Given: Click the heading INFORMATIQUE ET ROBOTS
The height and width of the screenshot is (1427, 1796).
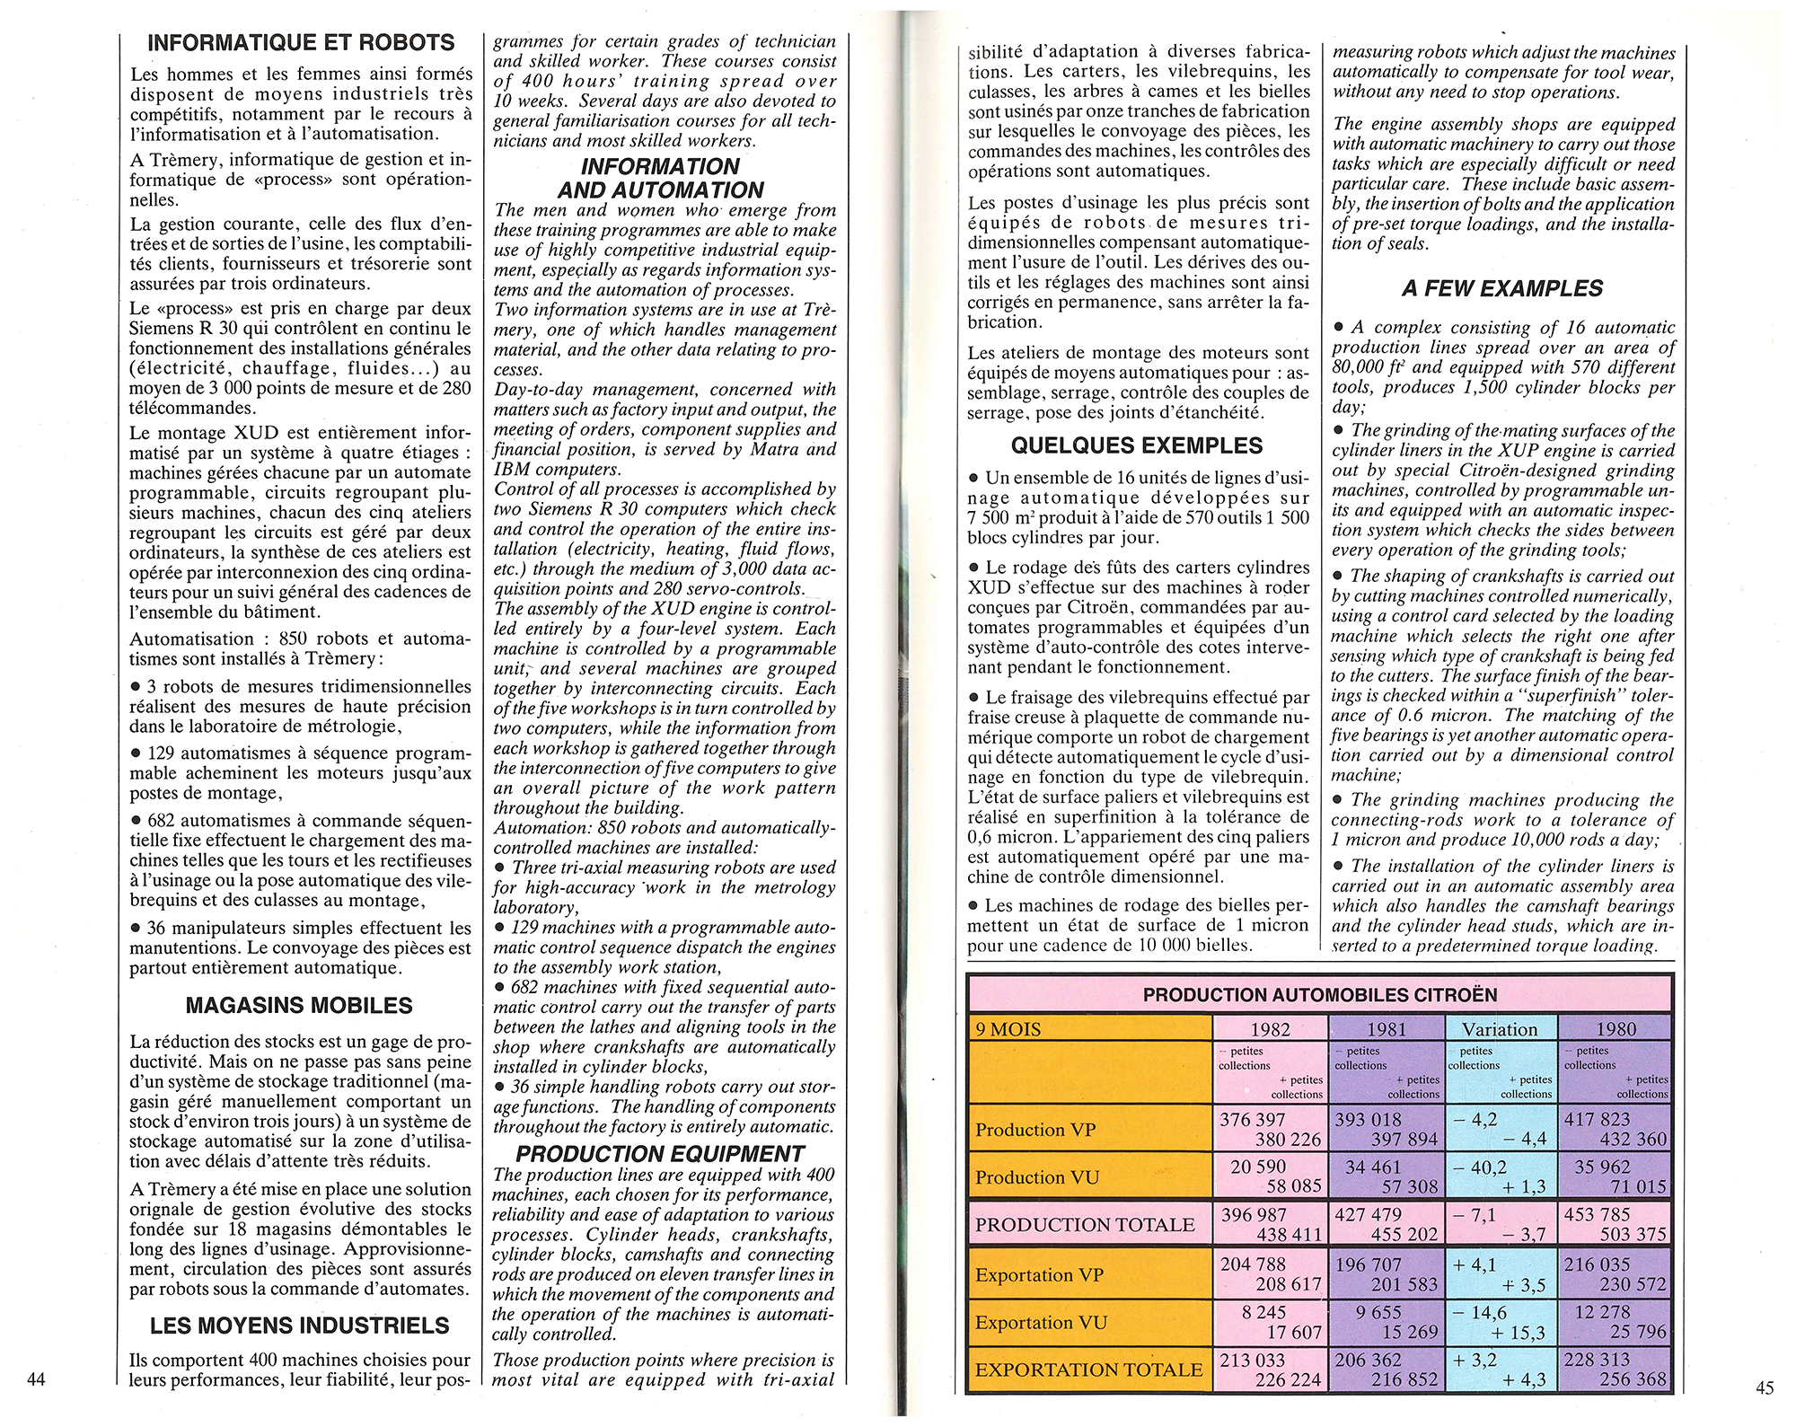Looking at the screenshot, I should point(301,43).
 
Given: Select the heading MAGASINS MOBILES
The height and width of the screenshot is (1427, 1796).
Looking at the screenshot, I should point(299,1006).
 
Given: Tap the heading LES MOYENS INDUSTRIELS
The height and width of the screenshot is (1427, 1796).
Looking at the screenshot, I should point(299,1326).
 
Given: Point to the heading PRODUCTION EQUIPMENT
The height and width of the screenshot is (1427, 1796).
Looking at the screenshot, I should point(660,1154).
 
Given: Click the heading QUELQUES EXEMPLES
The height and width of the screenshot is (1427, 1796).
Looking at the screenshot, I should point(1136,446).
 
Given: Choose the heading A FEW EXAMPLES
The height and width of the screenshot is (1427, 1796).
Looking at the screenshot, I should point(1501,289).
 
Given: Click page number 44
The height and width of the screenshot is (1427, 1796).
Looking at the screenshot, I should point(36,1380).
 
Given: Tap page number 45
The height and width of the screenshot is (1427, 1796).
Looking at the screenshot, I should point(1764,1387).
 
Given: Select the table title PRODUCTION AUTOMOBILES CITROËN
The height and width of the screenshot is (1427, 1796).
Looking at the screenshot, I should point(1319,995).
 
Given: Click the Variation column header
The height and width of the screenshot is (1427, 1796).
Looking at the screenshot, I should point(1500,1029).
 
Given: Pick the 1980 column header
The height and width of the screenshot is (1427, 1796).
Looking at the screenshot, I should point(1616,1029).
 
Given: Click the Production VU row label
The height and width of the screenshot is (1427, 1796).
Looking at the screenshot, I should point(1037,1177).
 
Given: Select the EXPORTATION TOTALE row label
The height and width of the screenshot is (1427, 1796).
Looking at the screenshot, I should point(1088,1370).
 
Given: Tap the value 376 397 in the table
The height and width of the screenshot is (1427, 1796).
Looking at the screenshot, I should point(1252,1120).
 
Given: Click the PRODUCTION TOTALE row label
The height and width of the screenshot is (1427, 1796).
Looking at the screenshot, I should point(1085,1225).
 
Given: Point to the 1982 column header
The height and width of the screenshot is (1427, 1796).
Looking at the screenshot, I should point(1270,1029).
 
